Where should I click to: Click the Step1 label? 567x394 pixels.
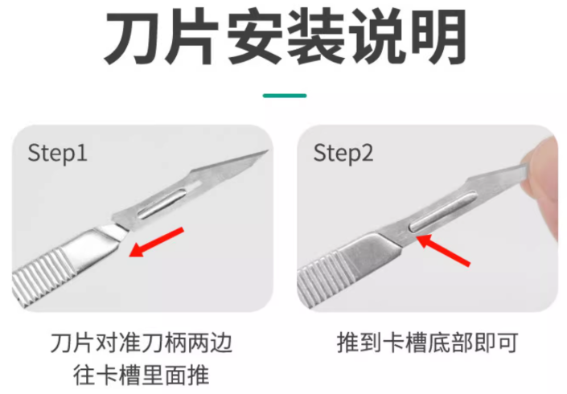(x=57, y=153)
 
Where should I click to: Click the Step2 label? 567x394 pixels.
(x=343, y=153)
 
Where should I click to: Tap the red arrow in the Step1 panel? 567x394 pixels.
(x=157, y=242)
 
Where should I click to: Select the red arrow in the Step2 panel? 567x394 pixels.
(x=443, y=250)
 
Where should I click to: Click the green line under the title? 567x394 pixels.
(x=285, y=96)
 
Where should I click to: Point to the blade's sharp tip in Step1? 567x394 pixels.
(x=267, y=151)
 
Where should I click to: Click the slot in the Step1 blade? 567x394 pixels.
(x=162, y=205)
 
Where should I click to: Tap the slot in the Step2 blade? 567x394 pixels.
(x=442, y=212)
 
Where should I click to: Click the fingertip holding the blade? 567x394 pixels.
(x=540, y=184)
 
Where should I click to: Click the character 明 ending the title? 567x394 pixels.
(x=438, y=37)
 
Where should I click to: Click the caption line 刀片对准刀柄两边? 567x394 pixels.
(x=142, y=343)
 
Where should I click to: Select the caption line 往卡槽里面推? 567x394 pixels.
(x=142, y=376)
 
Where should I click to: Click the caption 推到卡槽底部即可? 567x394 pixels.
(x=427, y=343)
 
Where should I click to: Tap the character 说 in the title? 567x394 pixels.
(x=377, y=37)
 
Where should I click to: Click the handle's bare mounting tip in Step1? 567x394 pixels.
(x=114, y=232)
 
